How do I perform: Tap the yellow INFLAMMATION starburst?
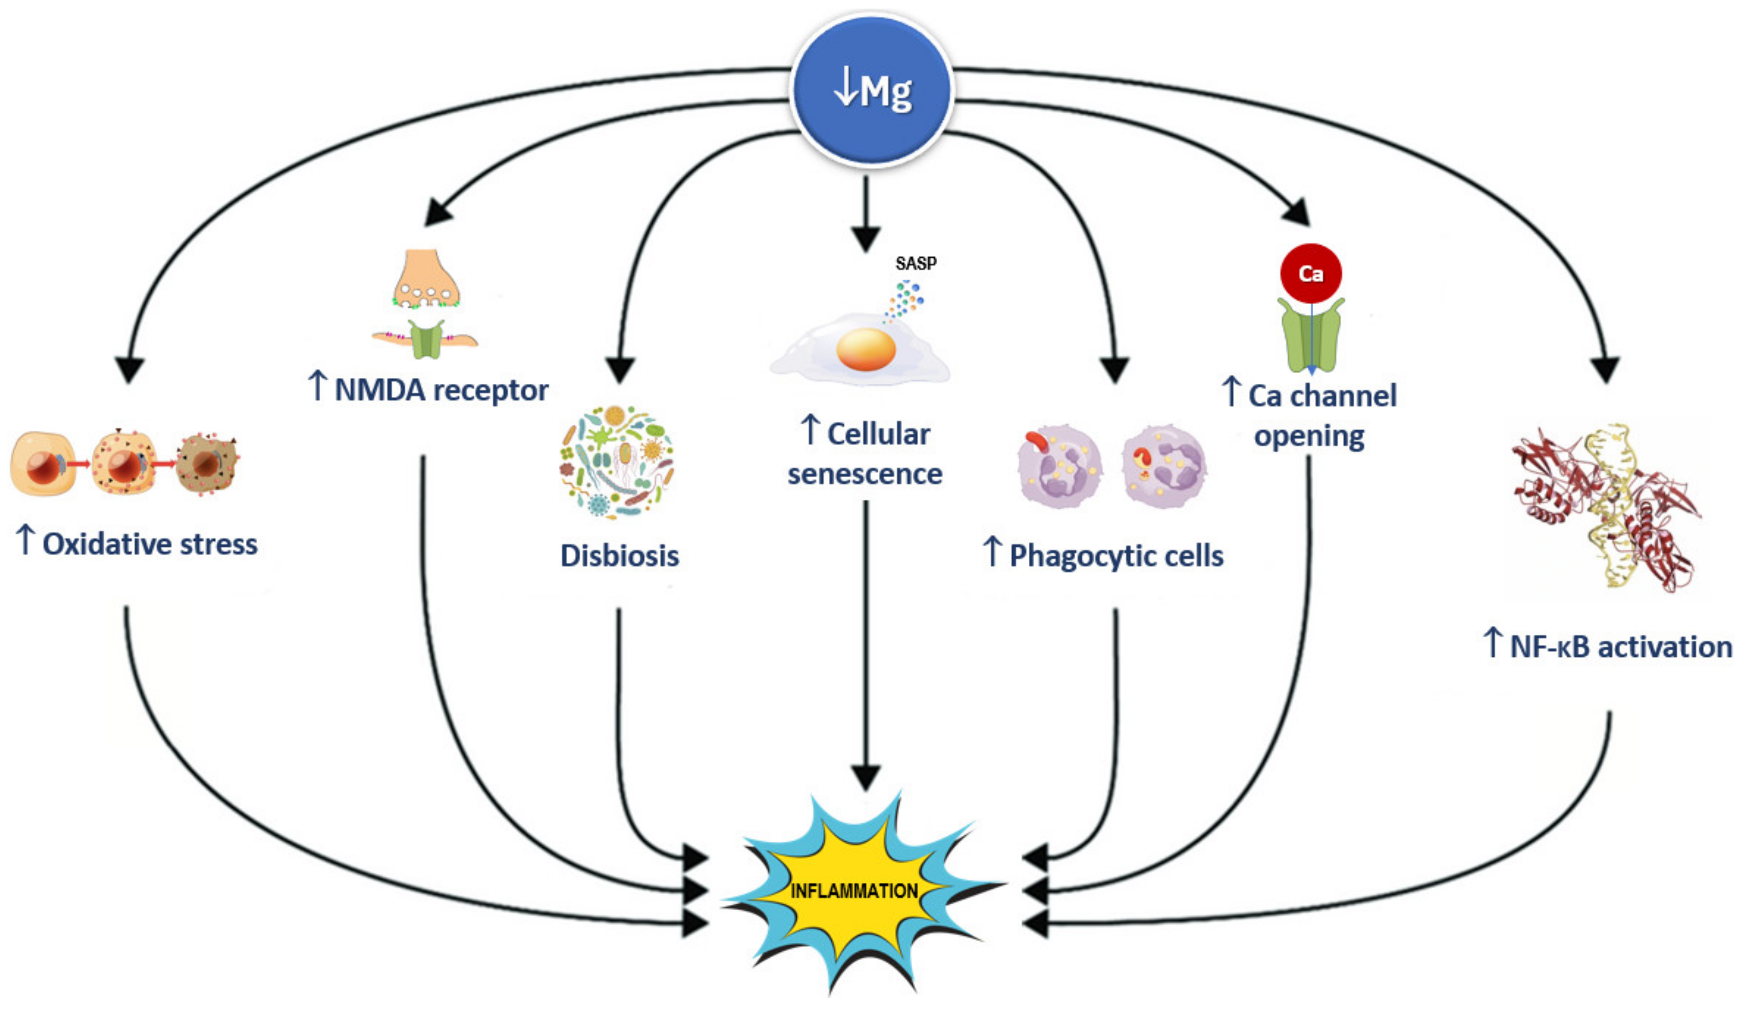(x=854, y=891)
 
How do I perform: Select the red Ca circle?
(x=1311, y=274)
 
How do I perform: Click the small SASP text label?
(x=916, y=263)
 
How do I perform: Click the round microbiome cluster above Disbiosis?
(x=616, y=462)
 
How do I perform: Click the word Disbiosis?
(x=619, y=556)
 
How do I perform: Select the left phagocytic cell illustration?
(x=1059, y=467)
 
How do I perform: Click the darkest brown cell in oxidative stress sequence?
(x=206, y=463)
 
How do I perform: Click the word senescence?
(x=865, y=474)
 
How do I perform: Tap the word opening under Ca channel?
(x=1309, y=436)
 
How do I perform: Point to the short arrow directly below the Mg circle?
(x=866, y=214)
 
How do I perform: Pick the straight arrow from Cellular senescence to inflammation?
(x=866, y=643)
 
